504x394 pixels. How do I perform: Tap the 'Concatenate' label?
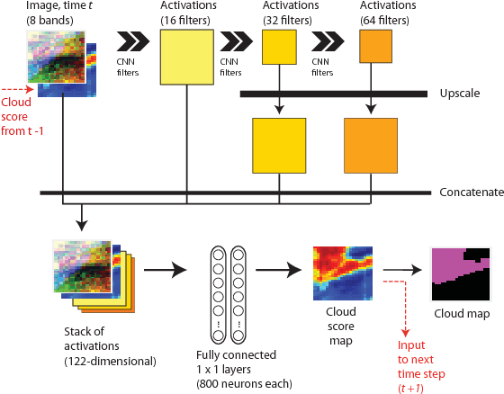469,193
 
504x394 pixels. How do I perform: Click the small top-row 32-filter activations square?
279,48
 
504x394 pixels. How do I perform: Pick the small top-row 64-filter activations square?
374,47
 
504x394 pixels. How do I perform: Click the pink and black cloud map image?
460,273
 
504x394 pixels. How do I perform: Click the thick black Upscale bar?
333,93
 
